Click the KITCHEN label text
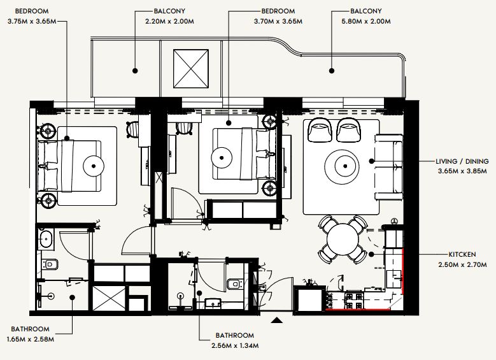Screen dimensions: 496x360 click(x=462, y=254)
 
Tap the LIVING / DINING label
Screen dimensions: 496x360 click(x=462, y=161)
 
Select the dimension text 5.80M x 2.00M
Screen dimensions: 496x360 click(x=366, y=22)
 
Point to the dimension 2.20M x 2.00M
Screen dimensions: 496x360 click(x=169, y=22)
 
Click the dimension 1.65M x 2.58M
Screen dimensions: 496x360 click(x=31, y=339)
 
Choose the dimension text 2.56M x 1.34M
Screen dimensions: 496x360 click(x=235, y=345)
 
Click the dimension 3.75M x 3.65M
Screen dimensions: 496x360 click(x=32, y=22)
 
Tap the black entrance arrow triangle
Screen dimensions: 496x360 click(x=277, y=320)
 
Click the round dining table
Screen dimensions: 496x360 click(x=343, y=240)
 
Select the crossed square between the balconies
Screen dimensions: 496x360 click(x=191, y=69)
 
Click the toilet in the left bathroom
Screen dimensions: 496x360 click(x=50, y=264)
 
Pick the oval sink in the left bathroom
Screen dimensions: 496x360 click(x=46, y=240)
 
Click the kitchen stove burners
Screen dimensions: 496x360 click(x=353, y=301)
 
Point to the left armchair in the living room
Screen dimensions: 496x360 click(x=320, y=130)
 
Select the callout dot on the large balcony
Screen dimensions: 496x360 click(x=332, y=71)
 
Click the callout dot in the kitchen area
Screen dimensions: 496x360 click(x=372, y=254)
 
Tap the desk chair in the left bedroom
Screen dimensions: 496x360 click(x=133, y=129)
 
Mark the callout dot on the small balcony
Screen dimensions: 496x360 click(x=135, y=71)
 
